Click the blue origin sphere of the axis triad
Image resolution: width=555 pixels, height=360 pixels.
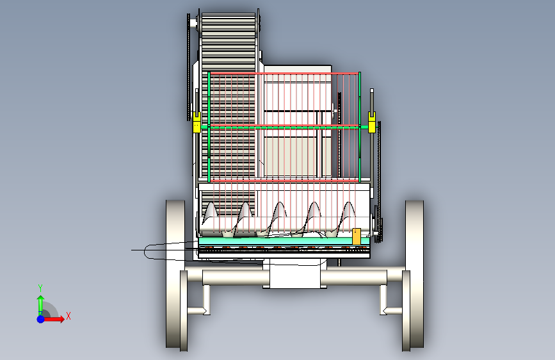point(41,319)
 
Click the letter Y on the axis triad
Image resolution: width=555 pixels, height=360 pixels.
point(40,288)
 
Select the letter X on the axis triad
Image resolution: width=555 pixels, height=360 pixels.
point(68,316)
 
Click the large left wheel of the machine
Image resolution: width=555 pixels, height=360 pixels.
point(175,274)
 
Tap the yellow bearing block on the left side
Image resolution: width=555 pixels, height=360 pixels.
point(197,122)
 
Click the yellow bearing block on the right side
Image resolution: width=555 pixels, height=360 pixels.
point(372,122)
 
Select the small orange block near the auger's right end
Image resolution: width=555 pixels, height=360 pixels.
point(357,236)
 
